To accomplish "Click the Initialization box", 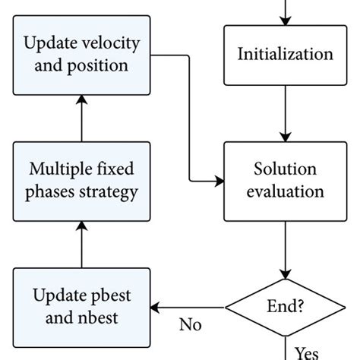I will [x=285, y=55].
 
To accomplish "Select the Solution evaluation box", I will [x=285, y=181].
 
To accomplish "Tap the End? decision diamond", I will [x=285, y=308].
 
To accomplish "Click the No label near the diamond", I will [x=191, y=325].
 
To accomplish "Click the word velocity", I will [x=115, y=44].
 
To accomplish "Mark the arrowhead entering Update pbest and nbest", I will [x=156, y=308].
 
